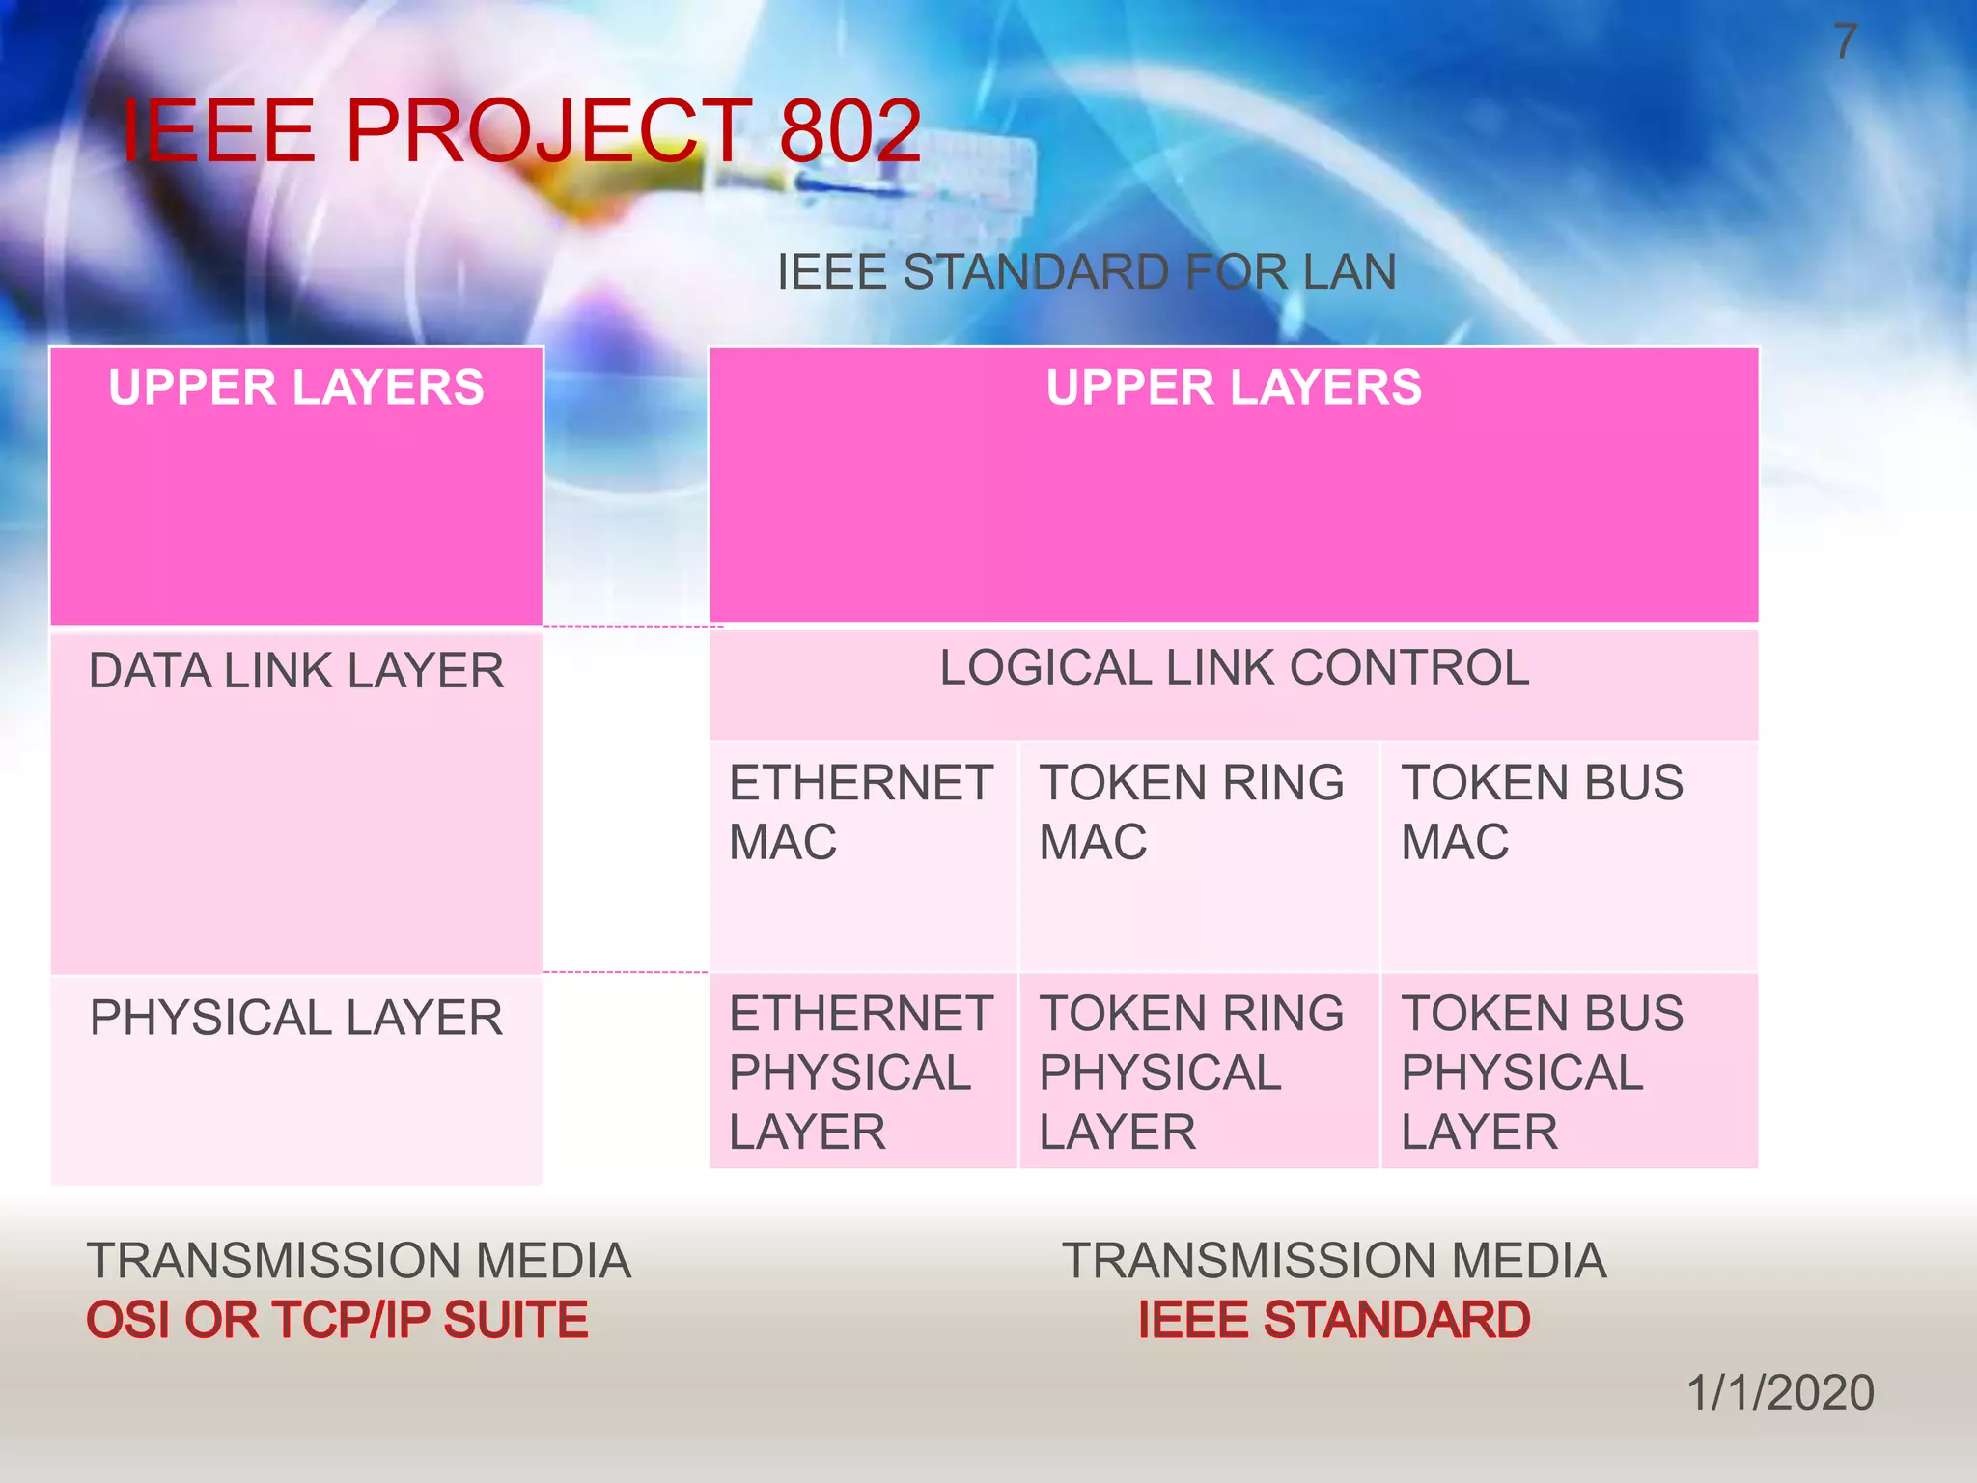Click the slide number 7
1845,42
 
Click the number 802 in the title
849,131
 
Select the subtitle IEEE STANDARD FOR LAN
1086,272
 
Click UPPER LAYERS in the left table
295,388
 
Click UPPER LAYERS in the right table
1233,388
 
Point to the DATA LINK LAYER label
295,671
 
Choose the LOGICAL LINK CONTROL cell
1234,668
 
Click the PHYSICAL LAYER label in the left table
295,1019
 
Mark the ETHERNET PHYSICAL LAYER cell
861,1073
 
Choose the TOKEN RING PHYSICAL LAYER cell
1191,1073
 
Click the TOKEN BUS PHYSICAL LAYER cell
1542,1073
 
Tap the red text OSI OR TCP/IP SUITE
337,1321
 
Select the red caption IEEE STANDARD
1333,1321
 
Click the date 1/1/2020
1780,1393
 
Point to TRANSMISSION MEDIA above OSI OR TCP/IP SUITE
358,1261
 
